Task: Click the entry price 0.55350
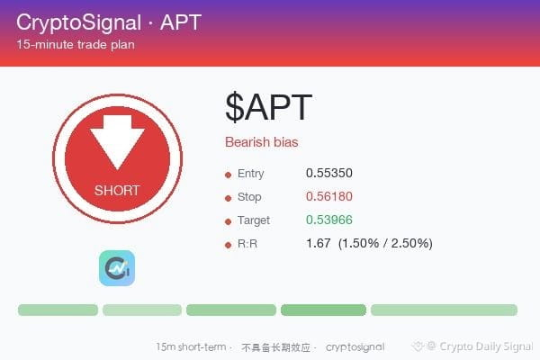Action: point(328,173)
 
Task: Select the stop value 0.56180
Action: point(328,196)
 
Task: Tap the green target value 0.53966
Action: point(328,220)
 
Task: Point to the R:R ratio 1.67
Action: point(319,243)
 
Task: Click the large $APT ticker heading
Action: point(268,107)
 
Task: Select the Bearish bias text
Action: point(262,142)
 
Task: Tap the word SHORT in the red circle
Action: point(117,191)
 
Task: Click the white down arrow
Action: point(117,142)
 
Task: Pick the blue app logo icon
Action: point(117,268)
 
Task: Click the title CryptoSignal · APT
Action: point(109,22)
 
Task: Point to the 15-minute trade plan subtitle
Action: point(76,44)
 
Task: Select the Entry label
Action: point(251,174)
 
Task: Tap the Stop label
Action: point(249,197)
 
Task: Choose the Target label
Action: point(254,220)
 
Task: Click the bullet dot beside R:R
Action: point(228,246)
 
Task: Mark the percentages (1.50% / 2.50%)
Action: point(385,243)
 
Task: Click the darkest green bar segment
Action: point(323,310)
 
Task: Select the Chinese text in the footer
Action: point(275,347)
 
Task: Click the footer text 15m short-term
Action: point(191,346)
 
